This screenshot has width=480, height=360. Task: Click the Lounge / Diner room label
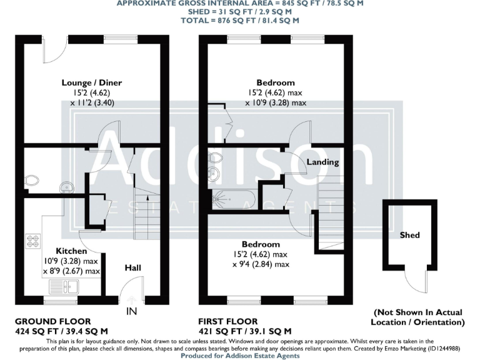click(91, 82)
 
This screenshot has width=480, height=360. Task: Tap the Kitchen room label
click(71, 251)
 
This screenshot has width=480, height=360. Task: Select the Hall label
click(132, 267)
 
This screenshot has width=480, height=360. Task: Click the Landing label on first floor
click(322, 162)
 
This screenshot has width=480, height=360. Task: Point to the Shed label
click(409, 235)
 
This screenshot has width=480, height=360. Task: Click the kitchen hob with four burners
click(32, 241)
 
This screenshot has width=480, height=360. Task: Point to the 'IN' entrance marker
click(132, 311)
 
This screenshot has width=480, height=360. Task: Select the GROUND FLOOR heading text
click(52, 321)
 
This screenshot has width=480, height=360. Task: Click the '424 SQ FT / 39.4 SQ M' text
click(61, 331)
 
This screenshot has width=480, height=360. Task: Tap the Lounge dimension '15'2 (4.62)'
click(91, 92)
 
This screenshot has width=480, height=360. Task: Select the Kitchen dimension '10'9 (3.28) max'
click(71, 261)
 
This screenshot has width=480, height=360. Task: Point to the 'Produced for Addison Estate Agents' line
click(240, 356)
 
